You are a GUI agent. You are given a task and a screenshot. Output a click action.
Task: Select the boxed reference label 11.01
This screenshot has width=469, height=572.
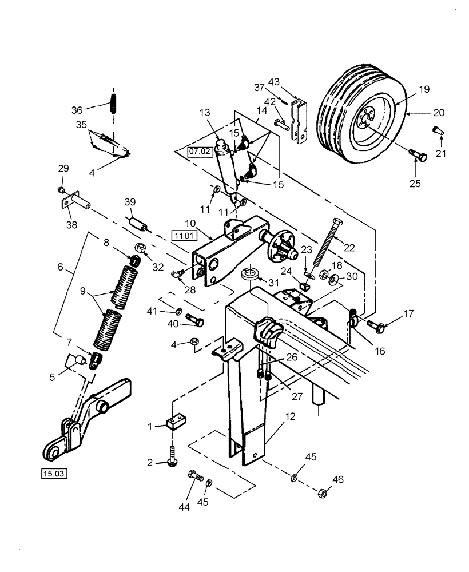pos(183,234)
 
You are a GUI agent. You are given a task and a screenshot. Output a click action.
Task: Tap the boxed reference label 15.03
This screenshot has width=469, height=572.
pos(53,473)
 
